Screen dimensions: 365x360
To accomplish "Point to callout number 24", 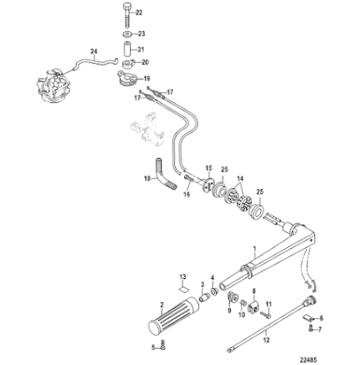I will pos(92,51).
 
